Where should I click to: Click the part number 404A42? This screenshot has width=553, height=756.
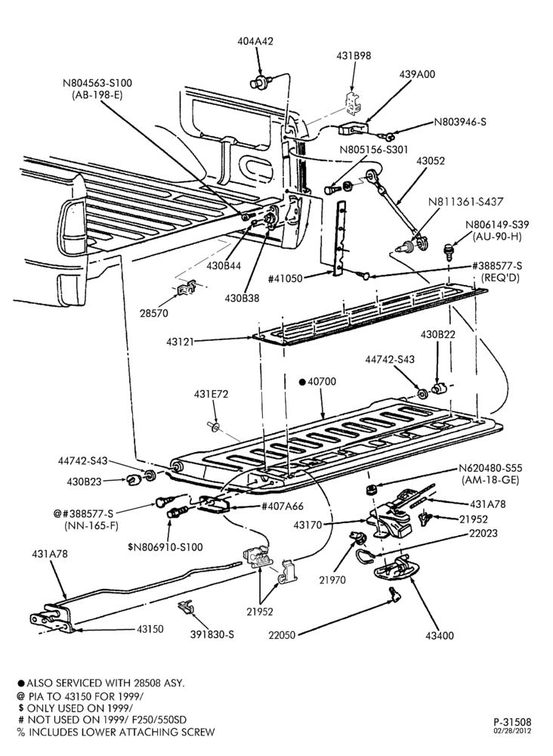[255, 42]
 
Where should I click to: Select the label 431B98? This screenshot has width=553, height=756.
[354, 56]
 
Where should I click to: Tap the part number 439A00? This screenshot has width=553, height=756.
[417, 74]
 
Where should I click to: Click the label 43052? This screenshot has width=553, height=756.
[431, 160]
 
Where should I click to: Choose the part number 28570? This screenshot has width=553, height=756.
[154, 314]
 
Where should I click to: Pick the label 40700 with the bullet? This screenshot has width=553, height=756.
[317, 382]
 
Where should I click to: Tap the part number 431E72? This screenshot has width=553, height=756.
[211, 395]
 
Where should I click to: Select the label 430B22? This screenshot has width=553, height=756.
[438, 334]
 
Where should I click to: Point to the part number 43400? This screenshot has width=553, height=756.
[440, 636]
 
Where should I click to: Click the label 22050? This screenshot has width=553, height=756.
[282, 635]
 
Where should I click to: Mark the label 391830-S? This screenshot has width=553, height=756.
[212, 634]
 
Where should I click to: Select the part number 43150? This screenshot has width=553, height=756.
[150, 629]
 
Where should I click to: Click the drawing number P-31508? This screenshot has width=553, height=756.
[512, 722]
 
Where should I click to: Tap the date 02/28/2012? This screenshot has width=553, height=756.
[512, 731]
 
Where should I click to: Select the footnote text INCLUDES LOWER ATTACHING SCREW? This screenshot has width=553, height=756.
[122, 733]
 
